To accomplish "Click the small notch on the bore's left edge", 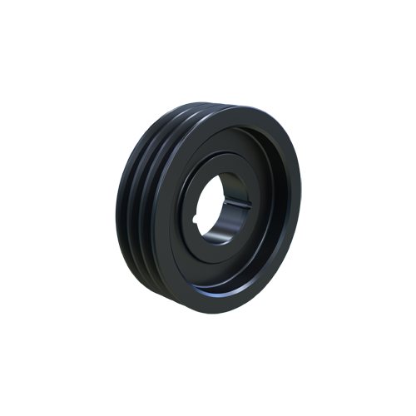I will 198,219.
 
